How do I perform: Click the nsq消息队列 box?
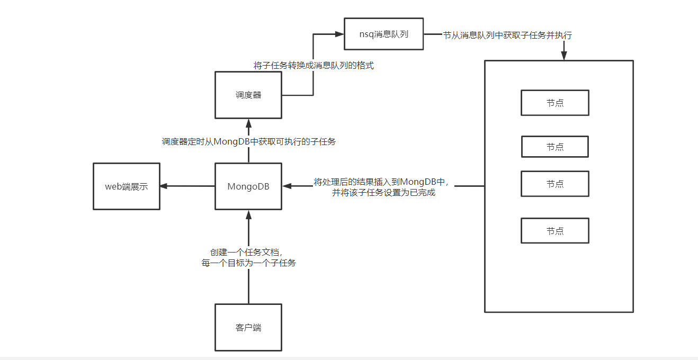383,34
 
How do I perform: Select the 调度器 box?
248,95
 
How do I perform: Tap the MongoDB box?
248,186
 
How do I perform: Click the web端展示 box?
126,186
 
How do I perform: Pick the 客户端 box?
248,327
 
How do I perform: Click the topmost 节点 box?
554,103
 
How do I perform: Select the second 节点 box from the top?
554,147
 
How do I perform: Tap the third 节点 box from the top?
554,184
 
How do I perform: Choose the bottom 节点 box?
554,231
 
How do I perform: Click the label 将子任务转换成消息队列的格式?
314,66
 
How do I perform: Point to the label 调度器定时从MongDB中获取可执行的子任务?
248,141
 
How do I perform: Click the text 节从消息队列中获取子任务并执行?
507,35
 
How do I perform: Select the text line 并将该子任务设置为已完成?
383,193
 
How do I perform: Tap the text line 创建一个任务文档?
249,252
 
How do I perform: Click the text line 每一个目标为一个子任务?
249,263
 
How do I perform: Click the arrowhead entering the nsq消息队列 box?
339,34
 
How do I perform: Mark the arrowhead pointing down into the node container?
564,56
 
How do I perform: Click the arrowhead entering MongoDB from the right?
287,186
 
